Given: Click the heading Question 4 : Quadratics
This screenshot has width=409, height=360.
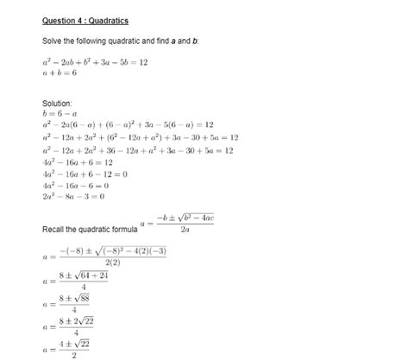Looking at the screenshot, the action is coord(85,20).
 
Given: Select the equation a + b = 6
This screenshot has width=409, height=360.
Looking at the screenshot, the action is coord(60,74).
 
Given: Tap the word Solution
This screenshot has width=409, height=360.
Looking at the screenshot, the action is coord(57,103).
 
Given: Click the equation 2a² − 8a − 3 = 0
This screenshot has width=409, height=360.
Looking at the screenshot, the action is coord(72,197).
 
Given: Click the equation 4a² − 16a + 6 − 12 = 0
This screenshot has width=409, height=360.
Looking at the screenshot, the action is coord(85,174).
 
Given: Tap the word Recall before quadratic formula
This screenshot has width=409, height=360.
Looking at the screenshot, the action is coord(54,229).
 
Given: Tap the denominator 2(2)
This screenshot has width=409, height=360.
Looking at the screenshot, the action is coord(112,262).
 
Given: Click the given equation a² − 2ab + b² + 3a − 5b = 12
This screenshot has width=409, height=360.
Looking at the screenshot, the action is coord(95,62).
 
